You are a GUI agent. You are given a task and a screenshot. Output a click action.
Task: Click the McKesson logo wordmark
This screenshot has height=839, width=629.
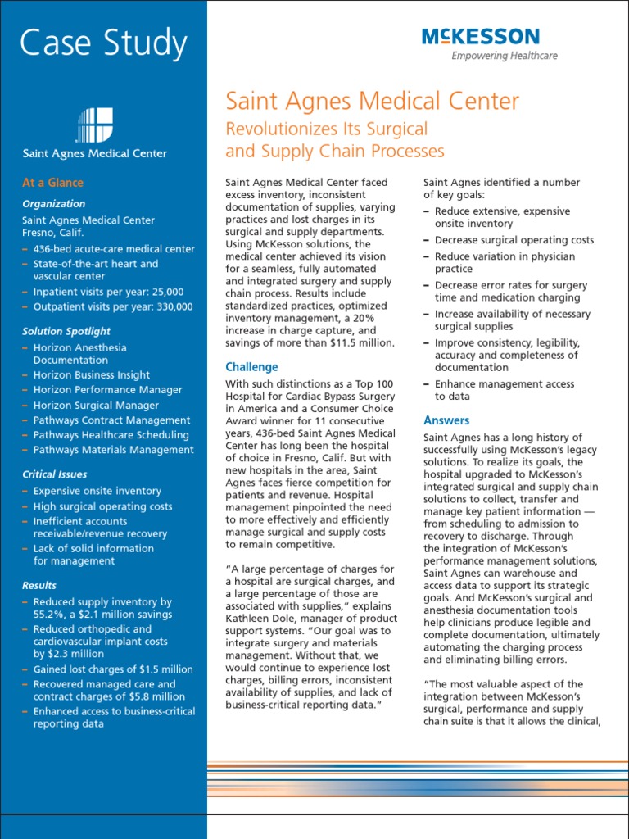[480, 36]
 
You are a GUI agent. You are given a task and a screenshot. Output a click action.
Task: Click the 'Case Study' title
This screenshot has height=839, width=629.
[103, 43]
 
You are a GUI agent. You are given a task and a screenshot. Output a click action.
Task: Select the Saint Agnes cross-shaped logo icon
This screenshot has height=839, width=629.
[94, 125]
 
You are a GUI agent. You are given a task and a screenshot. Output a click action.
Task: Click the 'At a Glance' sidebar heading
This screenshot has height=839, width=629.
[52, 183]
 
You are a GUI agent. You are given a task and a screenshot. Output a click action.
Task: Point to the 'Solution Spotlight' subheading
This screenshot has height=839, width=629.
[66, 331]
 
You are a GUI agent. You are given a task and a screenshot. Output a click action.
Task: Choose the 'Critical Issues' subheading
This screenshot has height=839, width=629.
[54, 474]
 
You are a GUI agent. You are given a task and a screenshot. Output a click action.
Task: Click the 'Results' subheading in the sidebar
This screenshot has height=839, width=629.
[39, 585]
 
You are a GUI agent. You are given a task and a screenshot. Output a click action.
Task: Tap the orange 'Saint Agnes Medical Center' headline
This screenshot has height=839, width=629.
[372, 102]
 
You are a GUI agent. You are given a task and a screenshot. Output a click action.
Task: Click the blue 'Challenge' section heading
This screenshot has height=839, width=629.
[251, 367]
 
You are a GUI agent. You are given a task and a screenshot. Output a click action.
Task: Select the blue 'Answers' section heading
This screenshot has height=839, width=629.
[446, 420]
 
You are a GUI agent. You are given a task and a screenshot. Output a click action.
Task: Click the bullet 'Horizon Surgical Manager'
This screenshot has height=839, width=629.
[96, 405]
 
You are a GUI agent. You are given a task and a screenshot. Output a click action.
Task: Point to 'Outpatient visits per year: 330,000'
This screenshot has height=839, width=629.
[113, 306]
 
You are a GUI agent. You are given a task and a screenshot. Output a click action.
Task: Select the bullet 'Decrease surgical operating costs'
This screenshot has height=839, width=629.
[514, 240]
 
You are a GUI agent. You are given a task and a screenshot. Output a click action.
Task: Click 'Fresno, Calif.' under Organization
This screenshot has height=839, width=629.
[53, 233]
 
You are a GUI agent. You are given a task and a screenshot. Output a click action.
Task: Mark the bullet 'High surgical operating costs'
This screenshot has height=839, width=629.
[102, 506]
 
